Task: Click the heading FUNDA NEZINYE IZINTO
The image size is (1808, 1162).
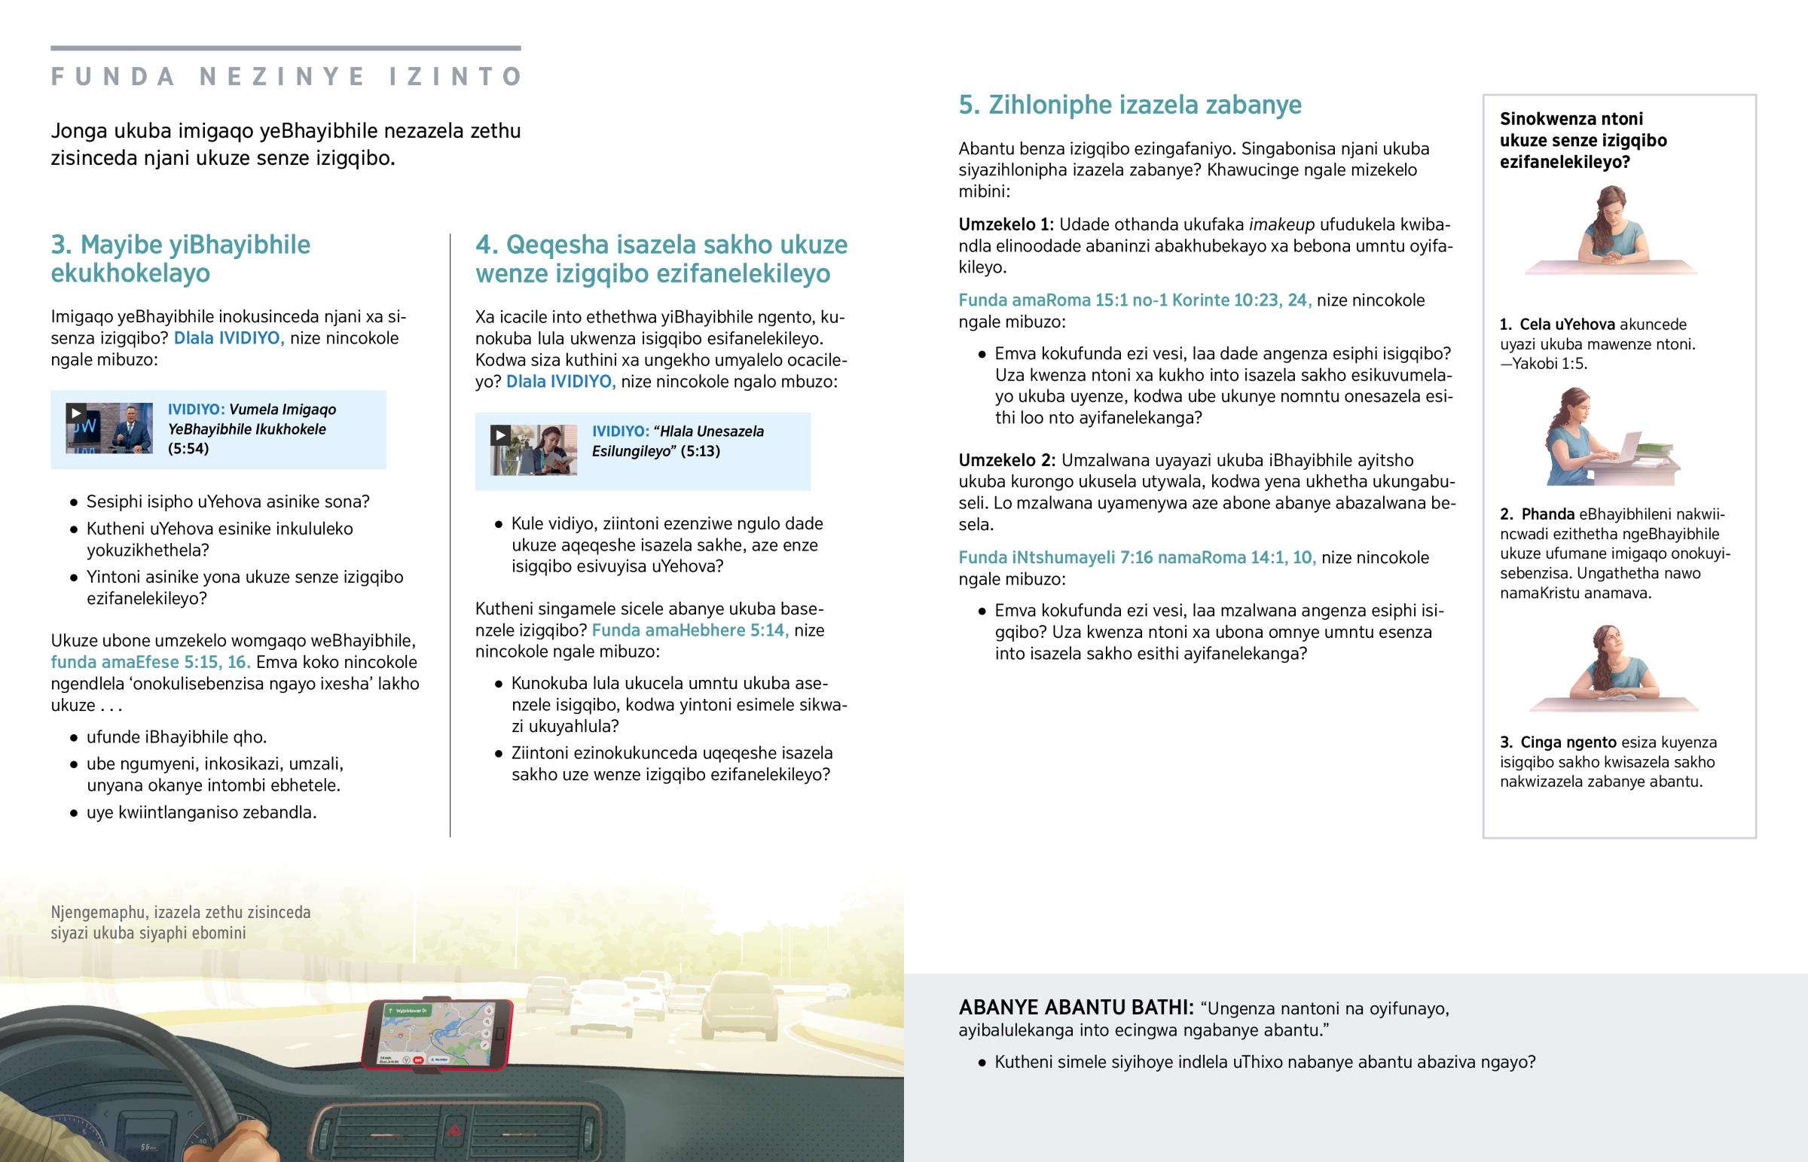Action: (x=286, y=77)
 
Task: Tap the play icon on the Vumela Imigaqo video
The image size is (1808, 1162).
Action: (x=75, y=413)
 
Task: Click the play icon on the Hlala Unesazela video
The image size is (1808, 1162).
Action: (x=499, y=435)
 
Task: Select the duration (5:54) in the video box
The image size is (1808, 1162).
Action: (x=188, y=449)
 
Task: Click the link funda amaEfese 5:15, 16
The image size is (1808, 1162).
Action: (x=150, y=663)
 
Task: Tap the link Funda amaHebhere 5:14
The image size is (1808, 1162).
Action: (x=690, y=630)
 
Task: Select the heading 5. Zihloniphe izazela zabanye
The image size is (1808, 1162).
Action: (x=1129, y=105)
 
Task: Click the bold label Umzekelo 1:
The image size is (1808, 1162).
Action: (x=1006, y=225)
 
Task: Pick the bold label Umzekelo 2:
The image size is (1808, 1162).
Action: (x=1007, y=460)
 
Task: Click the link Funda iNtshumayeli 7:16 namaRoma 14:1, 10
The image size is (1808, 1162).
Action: (x=1137, y=557)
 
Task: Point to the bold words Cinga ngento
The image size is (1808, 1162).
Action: (x=1567, y=743)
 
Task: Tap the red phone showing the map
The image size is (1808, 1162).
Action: (x=437, y=1034)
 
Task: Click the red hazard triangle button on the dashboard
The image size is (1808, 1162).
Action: (x=456, y=1130)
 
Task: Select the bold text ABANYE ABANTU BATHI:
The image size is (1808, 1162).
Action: (x=1075, y=1008)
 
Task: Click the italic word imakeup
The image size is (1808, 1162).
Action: (x=1281, y=225)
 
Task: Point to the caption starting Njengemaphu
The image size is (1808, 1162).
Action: (x=180, y=922)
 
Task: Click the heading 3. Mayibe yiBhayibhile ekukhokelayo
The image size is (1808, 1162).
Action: (x=180, y=259)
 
